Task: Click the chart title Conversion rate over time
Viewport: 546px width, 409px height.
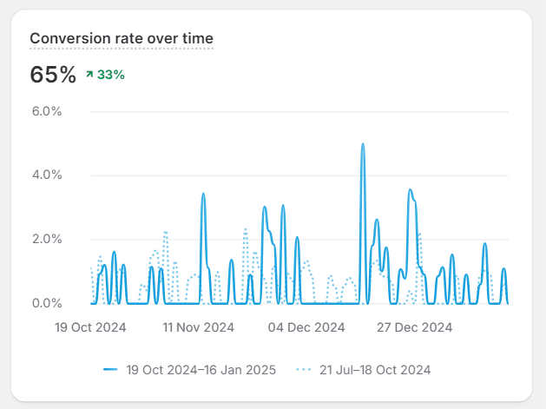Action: [x=122, y=38]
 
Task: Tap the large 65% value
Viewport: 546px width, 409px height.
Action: [x=53, y=75]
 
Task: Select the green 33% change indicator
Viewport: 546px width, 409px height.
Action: [x=110, y=75]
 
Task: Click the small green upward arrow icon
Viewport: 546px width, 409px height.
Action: [x=89, y=75]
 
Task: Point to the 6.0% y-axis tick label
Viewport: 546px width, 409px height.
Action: [x=47, y=111]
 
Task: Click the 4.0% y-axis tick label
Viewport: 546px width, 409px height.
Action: [x=47, y=175]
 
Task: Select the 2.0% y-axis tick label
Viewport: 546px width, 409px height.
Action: [x=47, y=239]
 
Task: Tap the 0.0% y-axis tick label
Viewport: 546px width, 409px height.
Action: [x=47, y=303]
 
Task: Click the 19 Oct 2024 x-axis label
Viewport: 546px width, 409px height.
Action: [x=90, y=327]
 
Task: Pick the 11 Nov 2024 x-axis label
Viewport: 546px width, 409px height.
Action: [x=199, y=327]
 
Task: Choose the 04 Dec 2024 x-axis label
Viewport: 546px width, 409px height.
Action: [x=306, y=327]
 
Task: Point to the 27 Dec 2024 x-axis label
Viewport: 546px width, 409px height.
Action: [x=415, y=327]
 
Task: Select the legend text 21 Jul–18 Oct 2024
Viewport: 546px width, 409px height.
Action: [x=375, y=370]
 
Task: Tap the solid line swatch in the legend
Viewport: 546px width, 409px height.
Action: [x=110, y=370]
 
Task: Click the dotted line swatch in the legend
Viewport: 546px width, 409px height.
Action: [x=303, y=370]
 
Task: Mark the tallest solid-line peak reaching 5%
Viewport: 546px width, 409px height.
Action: [x=363, y=145]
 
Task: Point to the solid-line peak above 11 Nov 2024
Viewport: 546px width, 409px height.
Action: [x=203, y=195]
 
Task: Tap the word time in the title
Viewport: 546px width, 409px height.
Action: [x=199, y=38]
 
